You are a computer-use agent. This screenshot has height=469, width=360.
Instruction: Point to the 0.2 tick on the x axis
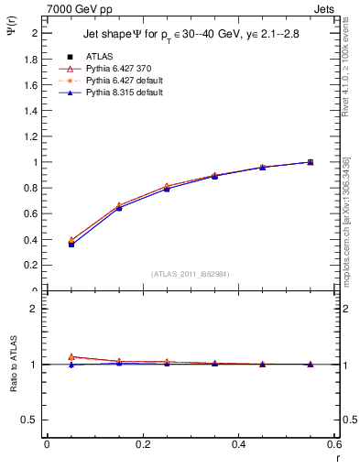coord(142,444)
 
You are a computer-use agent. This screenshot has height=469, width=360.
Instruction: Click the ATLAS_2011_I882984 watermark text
coord(190,273)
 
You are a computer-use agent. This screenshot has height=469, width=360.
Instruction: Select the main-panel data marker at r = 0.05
coord(71,244)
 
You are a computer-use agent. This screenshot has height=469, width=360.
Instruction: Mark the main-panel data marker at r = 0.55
coord(310,162)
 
